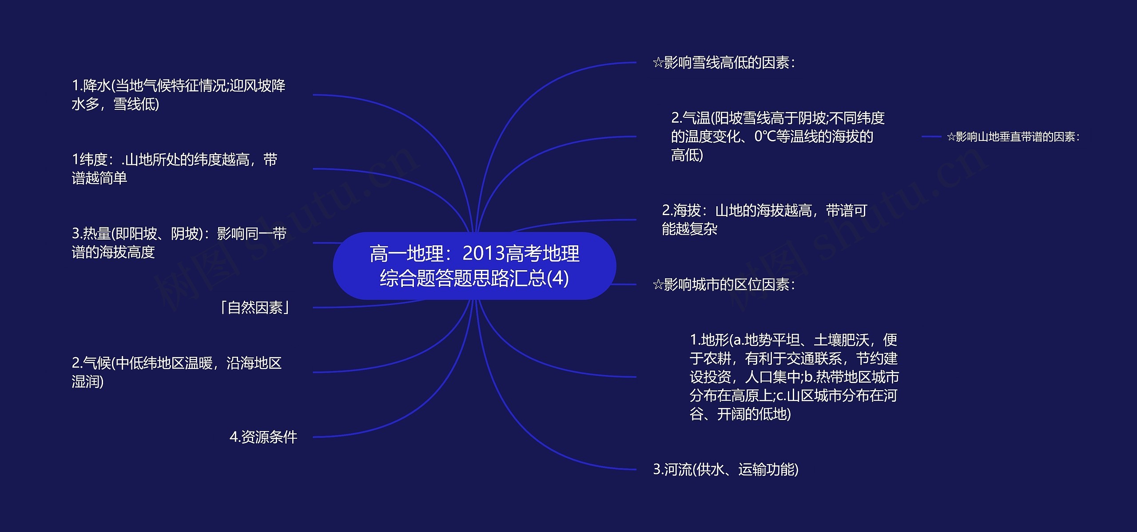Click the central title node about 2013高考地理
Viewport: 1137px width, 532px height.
474,266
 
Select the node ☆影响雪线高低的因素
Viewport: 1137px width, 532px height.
724,63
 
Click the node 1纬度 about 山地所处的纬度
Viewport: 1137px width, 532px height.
175,168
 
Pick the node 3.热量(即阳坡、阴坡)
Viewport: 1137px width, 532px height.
179,243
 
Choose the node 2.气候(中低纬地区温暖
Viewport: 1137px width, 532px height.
177,372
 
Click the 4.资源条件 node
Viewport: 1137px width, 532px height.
263,437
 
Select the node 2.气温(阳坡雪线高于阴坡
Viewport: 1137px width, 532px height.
777,136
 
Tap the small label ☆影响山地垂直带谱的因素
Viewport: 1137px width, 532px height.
1013,137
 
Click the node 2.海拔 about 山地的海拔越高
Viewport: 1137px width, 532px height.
764,220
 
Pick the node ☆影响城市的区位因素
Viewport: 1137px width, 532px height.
724,284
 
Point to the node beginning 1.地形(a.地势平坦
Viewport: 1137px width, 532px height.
794,377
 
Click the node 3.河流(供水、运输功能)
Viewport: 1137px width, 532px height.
726,470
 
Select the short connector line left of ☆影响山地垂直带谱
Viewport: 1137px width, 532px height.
931,137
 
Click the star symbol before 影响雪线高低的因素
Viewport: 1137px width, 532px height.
658,63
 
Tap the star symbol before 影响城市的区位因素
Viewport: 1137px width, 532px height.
658,284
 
